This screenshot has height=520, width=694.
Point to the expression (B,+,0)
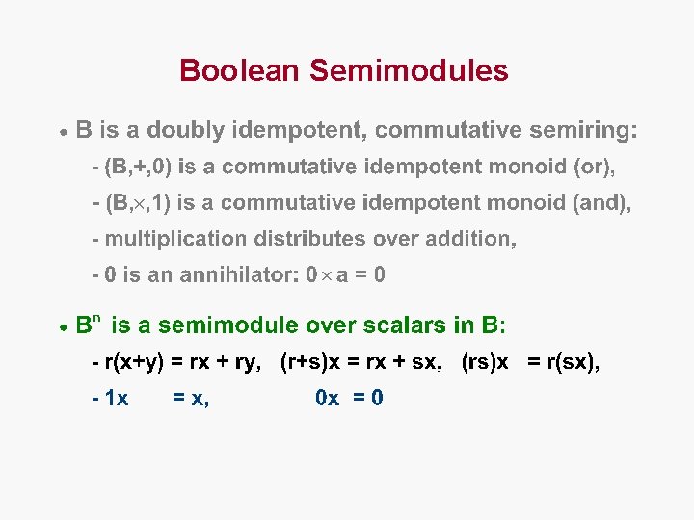(138, 167)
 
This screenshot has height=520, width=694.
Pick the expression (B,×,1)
(138, 202)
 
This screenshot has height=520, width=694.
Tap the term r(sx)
(573, 362)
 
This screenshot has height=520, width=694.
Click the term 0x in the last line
(327, 398)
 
